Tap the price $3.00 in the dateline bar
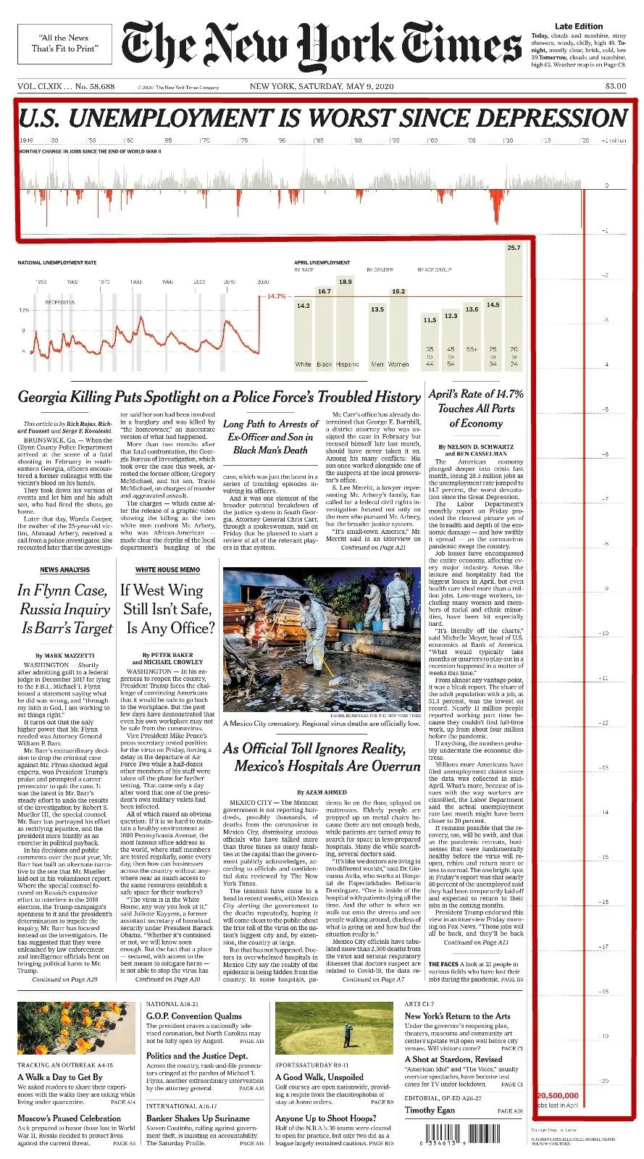point(616,87)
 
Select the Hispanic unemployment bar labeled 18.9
point(346,326)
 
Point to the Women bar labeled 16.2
point(398,330)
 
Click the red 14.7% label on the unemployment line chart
point(277,296)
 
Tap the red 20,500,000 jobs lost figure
point(558,1095)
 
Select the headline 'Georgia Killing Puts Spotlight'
point(219,397)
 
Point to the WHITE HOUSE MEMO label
point(167,570)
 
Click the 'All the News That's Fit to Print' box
point(65,43)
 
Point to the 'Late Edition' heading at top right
point(579,26)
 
